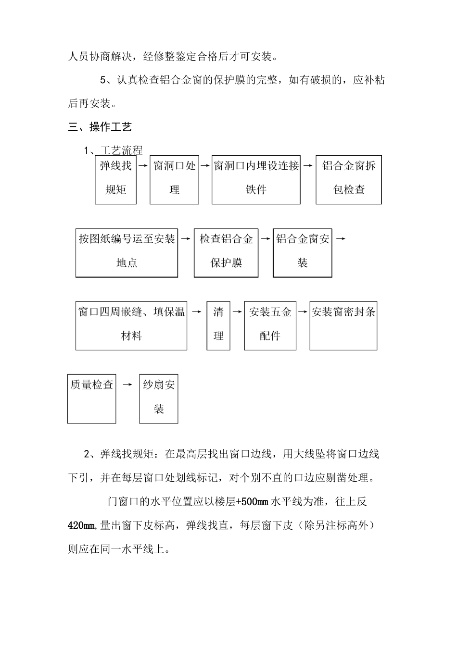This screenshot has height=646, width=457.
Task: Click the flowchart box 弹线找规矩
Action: click(x=115, y=179)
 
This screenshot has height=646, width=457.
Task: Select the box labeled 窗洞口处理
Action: click(x=174, y=179)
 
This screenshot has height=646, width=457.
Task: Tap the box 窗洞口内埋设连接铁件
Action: click(x=256, y=179)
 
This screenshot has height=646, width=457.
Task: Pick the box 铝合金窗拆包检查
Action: click(x=349, y=179)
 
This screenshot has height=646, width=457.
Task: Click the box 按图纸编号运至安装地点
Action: click(x=127, y=252)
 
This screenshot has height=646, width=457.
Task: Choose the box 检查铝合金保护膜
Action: click(x=226, y=252)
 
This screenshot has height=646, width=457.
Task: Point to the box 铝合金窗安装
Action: click(x=303, y=252)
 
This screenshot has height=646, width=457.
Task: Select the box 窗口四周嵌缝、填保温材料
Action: click(x=131, y=325)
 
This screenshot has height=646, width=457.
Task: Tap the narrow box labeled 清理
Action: click(x=218, y=325)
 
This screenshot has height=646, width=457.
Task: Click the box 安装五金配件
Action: click(x=270, y=325)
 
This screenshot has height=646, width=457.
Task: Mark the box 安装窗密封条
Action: click(x=343, y=325)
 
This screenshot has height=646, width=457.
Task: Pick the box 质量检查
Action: click(x=91, y=398)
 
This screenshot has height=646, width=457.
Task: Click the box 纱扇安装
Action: click(x=159, y=398)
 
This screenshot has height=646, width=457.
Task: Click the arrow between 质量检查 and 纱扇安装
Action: click(x=127, y=385)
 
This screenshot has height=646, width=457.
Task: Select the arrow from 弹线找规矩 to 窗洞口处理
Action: click(x=143, y=165)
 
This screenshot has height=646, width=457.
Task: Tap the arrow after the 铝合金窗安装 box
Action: click(x=340, y=238)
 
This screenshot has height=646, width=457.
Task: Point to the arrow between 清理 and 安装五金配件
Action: click(x=237, y=311)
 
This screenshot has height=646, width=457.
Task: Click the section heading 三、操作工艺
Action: click(x=100, y=127)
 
